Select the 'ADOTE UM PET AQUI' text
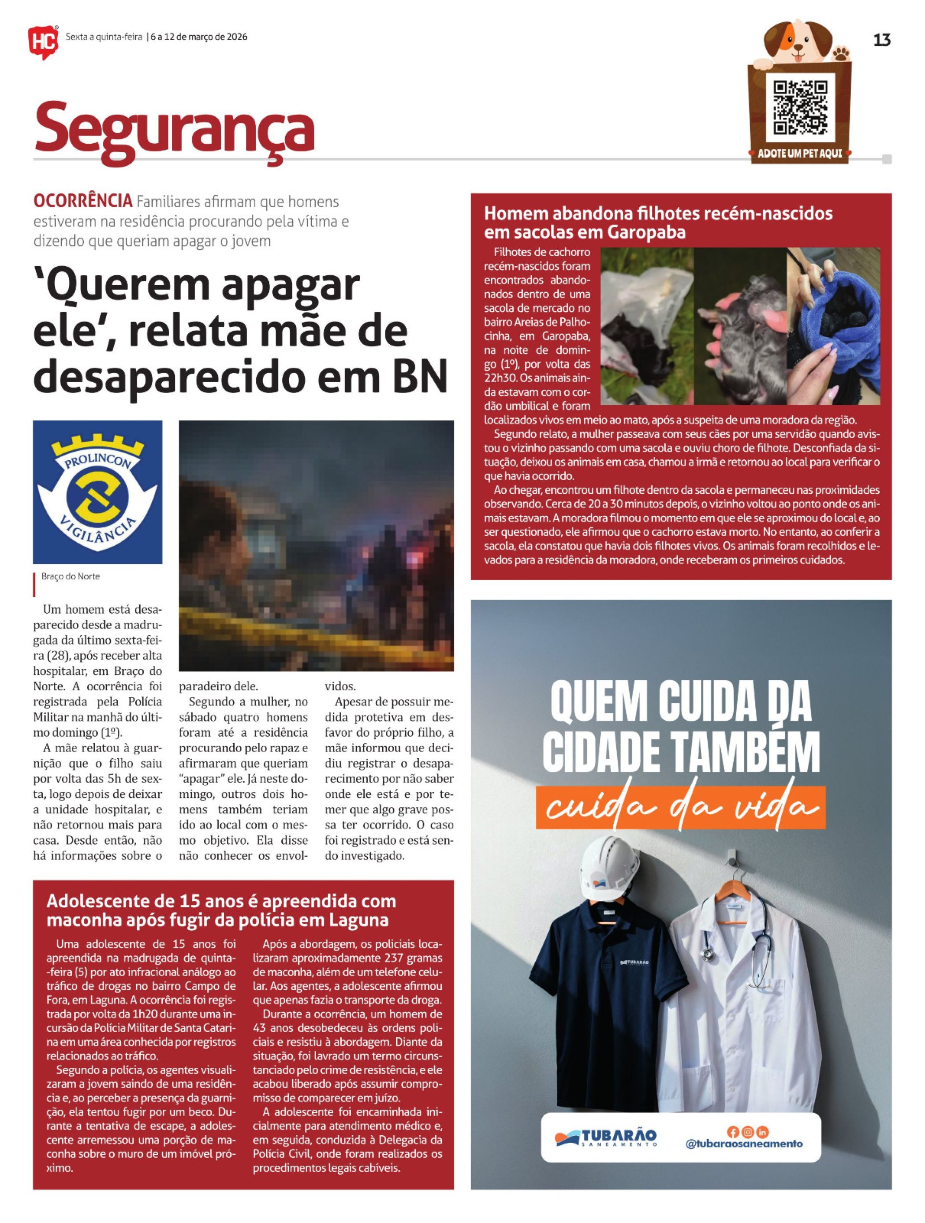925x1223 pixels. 799,154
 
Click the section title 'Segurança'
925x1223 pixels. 174,128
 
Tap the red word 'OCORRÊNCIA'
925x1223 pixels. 83,201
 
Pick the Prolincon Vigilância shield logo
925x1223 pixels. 97,492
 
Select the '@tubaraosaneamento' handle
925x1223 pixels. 744,1143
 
